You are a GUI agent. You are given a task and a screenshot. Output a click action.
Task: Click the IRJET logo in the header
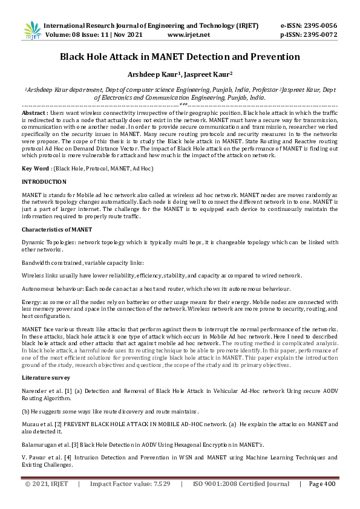coord(31,31)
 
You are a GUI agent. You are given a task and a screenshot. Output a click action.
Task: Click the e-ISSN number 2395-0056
coord(318,26)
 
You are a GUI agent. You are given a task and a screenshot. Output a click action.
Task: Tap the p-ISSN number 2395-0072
coord(319,35)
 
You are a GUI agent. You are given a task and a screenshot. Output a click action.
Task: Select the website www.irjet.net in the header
coord(188,35)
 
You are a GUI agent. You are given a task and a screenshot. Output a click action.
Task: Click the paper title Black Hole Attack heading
coord(180,57)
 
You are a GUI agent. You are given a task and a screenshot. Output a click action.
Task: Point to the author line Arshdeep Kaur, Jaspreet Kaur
coord(180,75)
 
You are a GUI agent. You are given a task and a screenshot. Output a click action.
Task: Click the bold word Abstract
coord(33,113)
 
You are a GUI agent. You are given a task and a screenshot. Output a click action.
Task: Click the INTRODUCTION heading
coord(44,181)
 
